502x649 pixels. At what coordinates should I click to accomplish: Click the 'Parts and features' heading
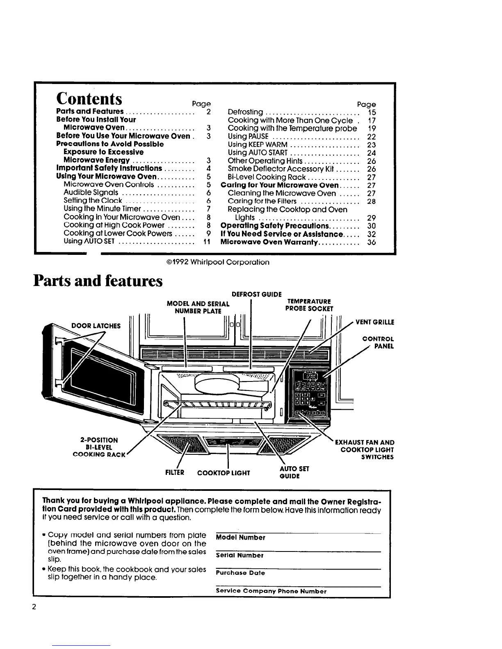[x=98, y=281]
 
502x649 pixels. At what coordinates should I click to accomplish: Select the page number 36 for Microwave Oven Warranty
[x=372, y=242]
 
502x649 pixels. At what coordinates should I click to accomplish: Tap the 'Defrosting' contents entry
[x=245, y=112]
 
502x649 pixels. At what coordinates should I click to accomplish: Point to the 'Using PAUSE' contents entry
[x=248, y=136]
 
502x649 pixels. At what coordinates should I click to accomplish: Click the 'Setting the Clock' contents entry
[x=93, y=201]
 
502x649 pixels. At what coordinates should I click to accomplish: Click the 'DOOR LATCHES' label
[x=96, y=326]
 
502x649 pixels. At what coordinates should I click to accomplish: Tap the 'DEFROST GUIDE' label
[x=257, y=294]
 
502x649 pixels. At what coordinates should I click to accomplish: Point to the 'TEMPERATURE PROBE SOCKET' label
[x=309, y=305]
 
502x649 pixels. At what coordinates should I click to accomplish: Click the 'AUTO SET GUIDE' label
[x=294, y=472]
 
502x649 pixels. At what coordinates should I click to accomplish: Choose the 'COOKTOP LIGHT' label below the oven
[x=224, y=473]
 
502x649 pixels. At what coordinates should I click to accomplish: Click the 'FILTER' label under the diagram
[x=174, y=472]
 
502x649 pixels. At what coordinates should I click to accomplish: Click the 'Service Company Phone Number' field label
[x=271, y=591]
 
